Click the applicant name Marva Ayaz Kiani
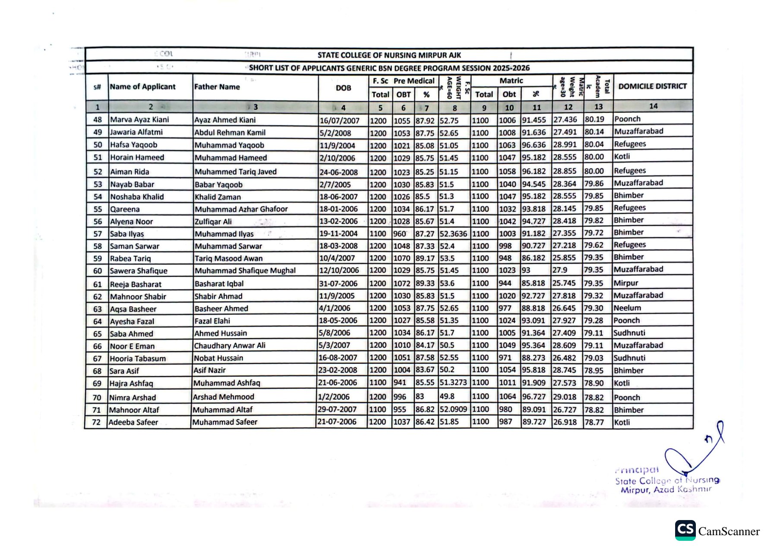pyautogui.click(x=139, y=120)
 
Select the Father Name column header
pyautogui.click(x=217, y=87)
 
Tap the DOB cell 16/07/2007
pyautogui.click(x=339, y=121)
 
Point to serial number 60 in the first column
pyautogui.click(x=98, y=271)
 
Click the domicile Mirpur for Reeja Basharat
pyautogui.click(x=626, y=283)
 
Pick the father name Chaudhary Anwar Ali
pyautogui.click(x=230, y=346)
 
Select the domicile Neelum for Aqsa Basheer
pyautogui.click(x=627, y=308)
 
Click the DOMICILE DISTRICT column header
pyautogui.click(x=652, y=86)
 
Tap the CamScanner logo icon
pyautogui.click(x=685, y=530)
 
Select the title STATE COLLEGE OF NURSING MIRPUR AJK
pyautogui.click(x=389, y=55)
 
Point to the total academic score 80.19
pyautogui.click(x=594, y=119)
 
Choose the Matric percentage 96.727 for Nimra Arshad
pyautogui.click(x=534, y=397)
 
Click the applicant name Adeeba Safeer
pyautogui.click(x=133, y=422)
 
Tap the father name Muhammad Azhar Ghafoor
pyautogui.click(x=241, y=209)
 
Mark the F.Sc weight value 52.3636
pyautogui.click(x=453, y=234)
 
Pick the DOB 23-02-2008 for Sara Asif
pyautogui.click(x=338, y=370)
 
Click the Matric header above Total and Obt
pyautogui.click(x=511, y=81)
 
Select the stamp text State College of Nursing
pyautogui.click(x=667, y=480)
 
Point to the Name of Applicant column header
pyautogui.click(x=143, y=87)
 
